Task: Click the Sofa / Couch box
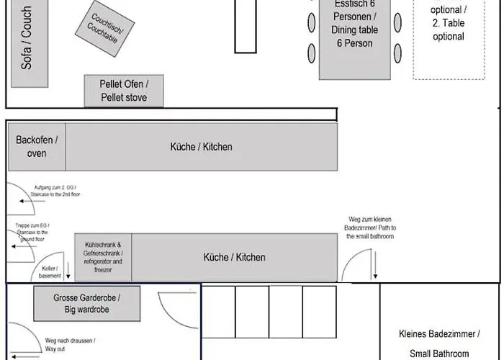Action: coord(27,37)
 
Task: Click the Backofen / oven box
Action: coord(37,146)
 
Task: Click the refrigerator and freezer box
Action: coord(103,257)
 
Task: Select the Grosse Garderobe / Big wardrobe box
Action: coord(86,303)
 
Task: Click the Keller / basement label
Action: coord(50,271)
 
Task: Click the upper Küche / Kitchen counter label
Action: coord(202,147)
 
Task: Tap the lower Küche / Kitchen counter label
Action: coord(234,257)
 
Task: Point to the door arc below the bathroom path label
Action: coord(358,266)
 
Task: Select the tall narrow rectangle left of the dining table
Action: coord(246,26)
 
